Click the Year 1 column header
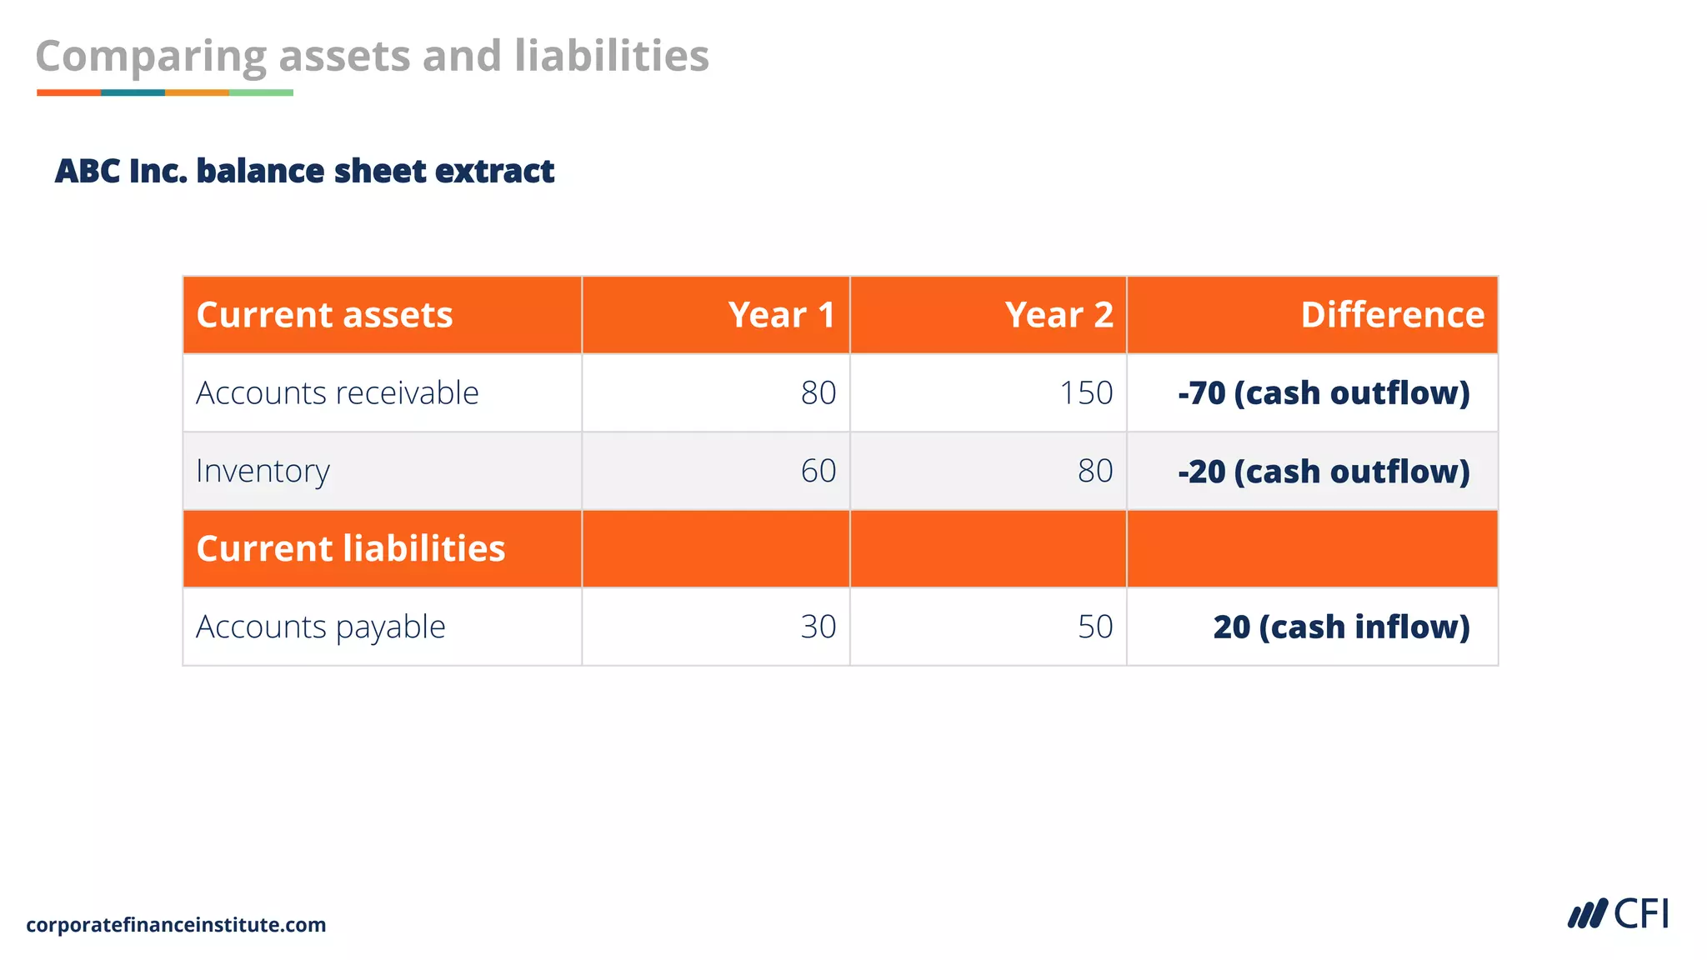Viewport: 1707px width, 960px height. tap(781, 315)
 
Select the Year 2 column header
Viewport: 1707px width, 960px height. tap(1059, 315)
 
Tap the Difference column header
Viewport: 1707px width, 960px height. tap(1392, 315)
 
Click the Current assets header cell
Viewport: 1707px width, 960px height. tap(324, 315)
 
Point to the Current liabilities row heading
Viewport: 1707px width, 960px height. tap(350, 548)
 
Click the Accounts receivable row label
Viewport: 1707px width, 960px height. tap(337, 392)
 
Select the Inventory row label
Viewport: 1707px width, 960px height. tap(263, 471)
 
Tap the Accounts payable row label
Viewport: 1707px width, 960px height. tap(320, 627)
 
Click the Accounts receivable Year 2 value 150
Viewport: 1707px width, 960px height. tap(1086, 392)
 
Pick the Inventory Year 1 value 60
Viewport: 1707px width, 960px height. tap(818, 471)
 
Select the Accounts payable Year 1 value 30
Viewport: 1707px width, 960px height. tap(818, 627)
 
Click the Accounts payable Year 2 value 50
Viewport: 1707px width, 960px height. tap(1095, 627)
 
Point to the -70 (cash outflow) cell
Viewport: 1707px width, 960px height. tap(1324, 392)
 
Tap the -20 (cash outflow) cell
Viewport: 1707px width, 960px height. tap(1324, 471)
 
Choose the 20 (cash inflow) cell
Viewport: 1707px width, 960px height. tap(1341, 627)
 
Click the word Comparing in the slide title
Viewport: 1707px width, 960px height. tap(150, 57)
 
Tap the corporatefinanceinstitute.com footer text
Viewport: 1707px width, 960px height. tap(176, 924)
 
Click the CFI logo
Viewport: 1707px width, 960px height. tap(1618, 914)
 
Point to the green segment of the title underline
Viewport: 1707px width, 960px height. tap(261, 92)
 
